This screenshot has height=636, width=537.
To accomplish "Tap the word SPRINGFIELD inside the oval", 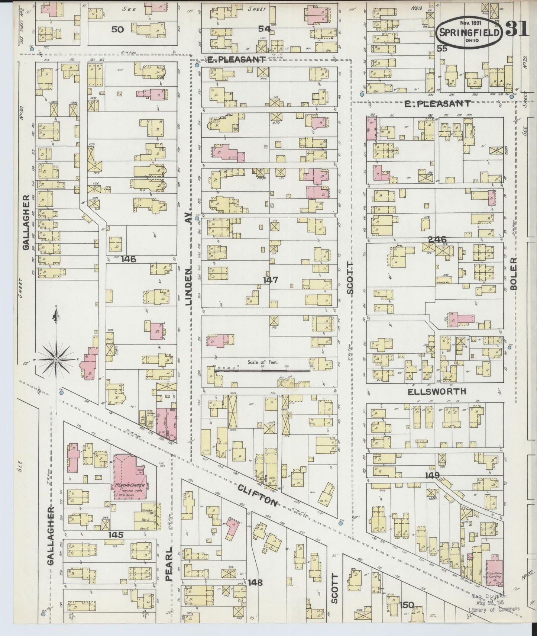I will [469, 32].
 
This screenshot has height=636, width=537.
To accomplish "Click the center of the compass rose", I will [56, 360].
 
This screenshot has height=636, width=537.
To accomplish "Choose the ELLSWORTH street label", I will [436, 391].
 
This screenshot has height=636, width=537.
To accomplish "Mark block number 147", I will [271, 280].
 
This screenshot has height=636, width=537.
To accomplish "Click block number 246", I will [437, 240].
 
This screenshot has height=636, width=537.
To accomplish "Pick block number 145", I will [116, 534].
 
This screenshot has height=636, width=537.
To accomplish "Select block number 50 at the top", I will [117, 29].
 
